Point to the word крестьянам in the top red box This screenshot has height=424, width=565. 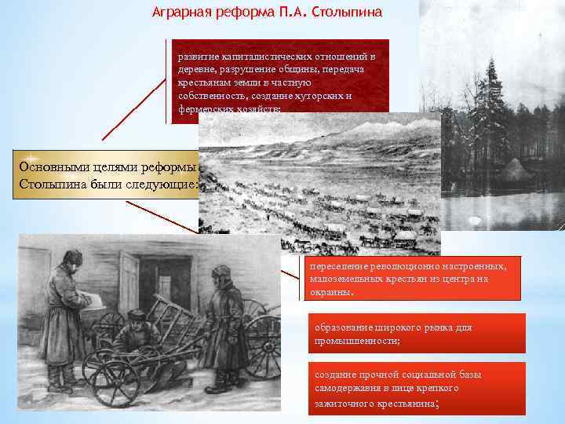[205, 82]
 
